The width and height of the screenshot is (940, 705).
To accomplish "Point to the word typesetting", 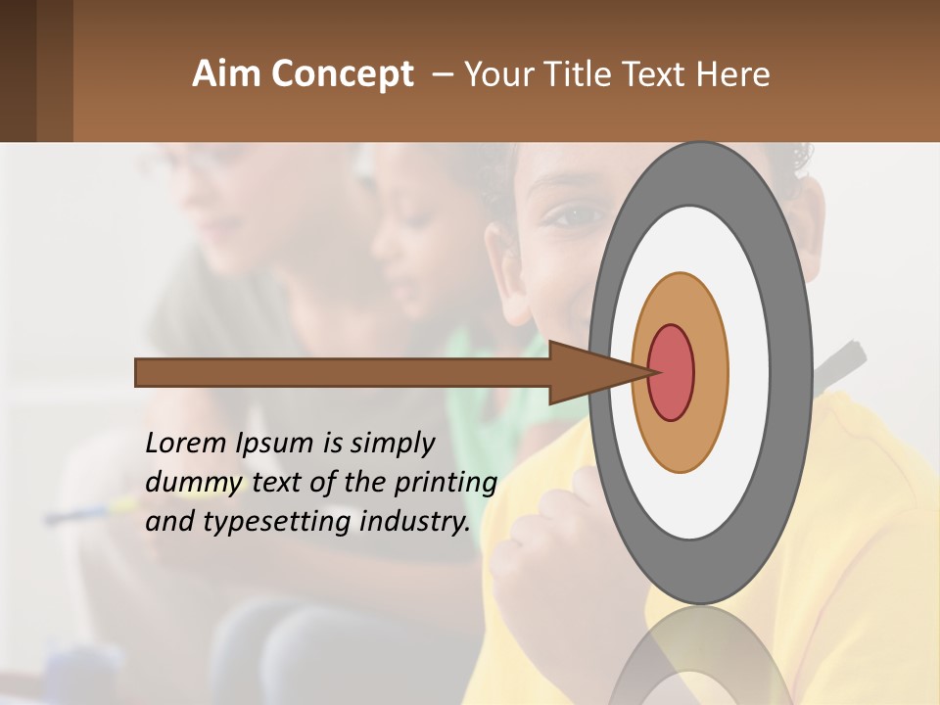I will (278, 523).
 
